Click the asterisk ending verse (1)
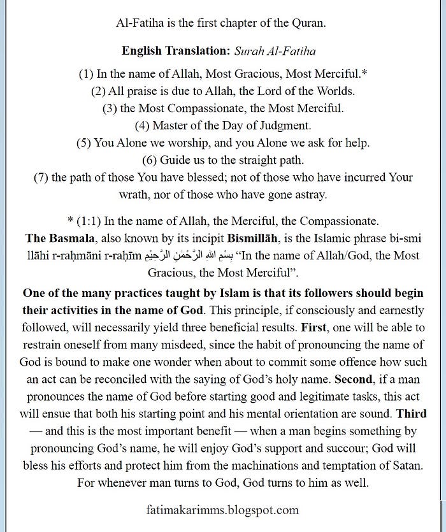pyautogui.click(x=364, y=73)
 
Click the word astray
pyautogui.click(x=308, y=194)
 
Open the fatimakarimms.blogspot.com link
pyautogui.click(x=222, y=510)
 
